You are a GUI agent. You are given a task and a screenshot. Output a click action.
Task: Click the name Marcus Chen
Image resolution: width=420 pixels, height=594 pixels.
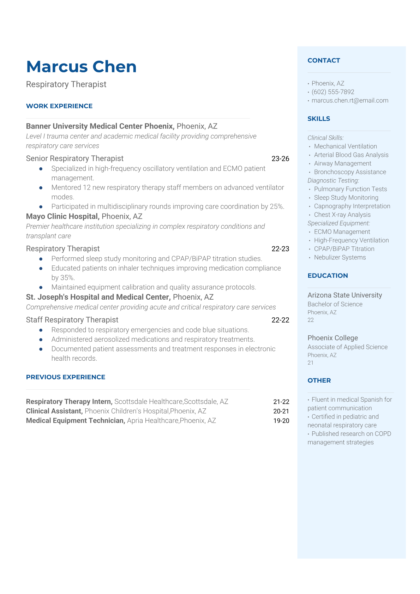81,67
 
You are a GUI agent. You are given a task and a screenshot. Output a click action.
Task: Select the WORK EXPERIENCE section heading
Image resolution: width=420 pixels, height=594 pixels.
59,106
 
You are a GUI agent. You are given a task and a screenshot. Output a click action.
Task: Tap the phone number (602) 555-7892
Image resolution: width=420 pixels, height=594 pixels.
333,92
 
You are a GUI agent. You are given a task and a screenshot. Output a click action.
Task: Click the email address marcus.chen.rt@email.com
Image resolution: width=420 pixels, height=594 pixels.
350,101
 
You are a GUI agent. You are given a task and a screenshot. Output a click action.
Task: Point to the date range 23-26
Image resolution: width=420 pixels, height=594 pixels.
280,159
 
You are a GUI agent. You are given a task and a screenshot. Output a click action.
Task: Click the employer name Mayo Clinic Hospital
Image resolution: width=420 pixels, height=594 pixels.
62,216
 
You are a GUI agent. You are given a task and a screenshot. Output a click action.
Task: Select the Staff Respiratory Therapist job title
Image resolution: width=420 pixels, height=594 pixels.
72,320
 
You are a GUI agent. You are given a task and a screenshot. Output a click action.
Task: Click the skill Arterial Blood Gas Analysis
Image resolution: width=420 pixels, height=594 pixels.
351,155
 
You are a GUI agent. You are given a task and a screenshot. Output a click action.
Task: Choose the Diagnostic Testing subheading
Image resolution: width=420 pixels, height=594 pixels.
333,181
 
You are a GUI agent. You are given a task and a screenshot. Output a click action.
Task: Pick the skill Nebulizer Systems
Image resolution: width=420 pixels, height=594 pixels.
340,258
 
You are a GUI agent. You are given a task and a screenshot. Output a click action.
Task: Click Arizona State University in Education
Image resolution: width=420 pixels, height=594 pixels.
344,295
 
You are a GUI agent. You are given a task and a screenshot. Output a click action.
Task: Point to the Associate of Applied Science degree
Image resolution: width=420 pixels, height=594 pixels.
347,347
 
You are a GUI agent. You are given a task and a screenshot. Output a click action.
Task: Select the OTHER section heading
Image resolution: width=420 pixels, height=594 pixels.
319,380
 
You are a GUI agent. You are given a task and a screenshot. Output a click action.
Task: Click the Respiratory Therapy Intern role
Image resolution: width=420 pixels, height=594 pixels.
69,402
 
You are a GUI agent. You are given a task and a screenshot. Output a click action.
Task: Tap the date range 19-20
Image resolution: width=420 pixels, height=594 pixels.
281,421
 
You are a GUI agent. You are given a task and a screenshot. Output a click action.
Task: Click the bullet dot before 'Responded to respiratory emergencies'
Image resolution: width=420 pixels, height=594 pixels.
41,330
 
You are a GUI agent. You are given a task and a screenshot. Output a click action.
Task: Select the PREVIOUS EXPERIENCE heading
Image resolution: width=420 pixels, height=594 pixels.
66,377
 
